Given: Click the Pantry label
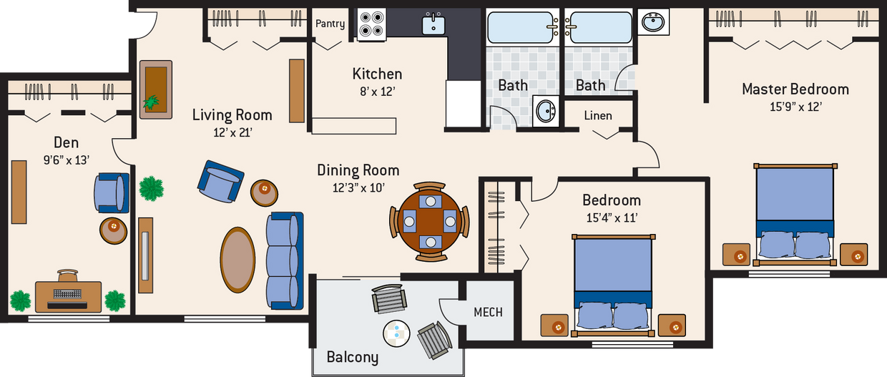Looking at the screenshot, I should [330, 24].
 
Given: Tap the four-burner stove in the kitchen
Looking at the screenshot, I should [371, 24].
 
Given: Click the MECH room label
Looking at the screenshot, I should [488, 312].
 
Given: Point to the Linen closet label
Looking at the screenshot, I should [597, 115].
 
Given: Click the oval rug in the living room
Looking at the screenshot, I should [237, 260].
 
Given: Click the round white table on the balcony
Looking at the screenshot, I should [396, 331].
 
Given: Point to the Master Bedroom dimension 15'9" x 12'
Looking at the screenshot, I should [795, 107].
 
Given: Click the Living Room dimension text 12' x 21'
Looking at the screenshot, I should [232, 132].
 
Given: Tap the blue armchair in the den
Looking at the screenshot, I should [111, 192].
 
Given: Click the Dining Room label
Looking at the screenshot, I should [358, 170].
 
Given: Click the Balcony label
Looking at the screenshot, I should [352, 356].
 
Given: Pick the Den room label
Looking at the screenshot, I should [66, 142].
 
